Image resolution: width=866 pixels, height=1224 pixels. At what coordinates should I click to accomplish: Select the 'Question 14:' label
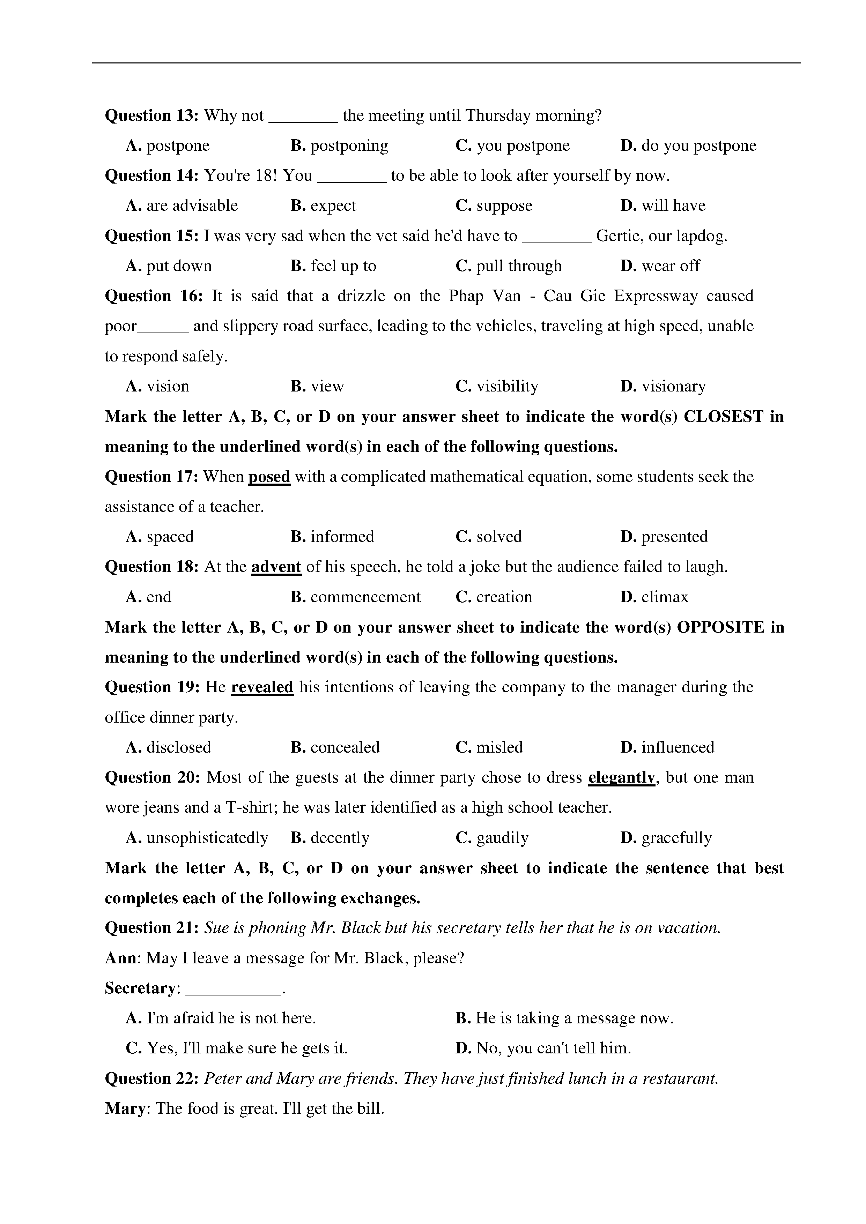[x=152, y=176]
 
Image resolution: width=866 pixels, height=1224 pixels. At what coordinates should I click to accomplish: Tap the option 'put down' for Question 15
[x=179, y=266]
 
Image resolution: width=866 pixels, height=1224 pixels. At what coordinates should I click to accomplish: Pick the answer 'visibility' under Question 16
[x=507, y=386]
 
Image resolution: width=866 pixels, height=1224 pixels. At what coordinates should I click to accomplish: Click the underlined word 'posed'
[x=269, y=476]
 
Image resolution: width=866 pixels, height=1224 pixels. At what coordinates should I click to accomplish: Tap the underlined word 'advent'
[x=276, y=566]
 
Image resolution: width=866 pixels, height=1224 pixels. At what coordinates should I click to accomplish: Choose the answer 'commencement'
[x=365, y=597]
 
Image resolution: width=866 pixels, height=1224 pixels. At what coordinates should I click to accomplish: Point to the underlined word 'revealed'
[x=262, y=687]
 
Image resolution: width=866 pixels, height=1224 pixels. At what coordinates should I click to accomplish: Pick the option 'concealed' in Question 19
[x=345, y=747]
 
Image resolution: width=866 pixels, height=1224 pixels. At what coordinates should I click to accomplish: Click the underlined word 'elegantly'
[x=621, y=777]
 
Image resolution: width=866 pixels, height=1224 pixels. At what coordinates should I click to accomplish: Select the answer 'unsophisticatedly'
[x=207, y=837]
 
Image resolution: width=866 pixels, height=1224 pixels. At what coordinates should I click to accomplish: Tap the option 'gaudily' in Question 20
[x=502, y=837]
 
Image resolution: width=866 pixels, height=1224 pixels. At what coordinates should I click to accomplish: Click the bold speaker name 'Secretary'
[x=140, y=988]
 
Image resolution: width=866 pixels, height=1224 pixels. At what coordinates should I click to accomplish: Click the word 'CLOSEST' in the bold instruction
[x=724, y=416]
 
